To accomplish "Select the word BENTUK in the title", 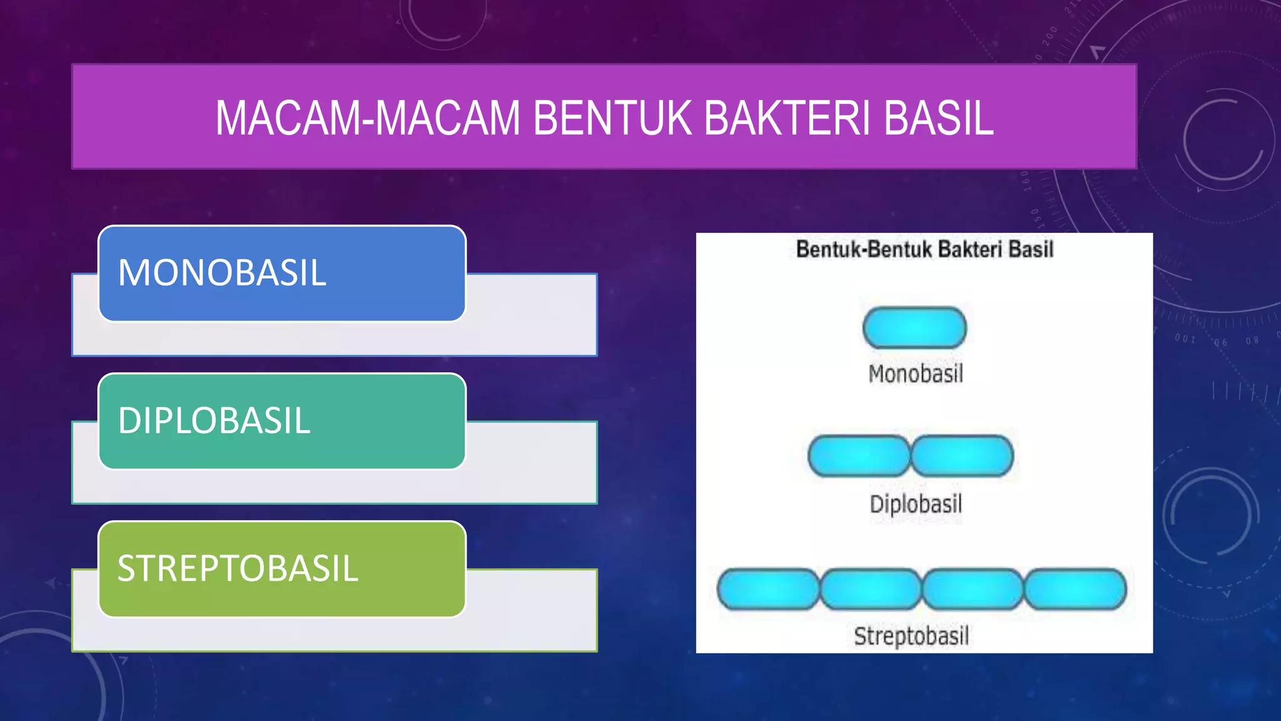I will [612, 118].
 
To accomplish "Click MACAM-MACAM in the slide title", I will [368, 118].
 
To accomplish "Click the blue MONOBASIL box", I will [281, 274].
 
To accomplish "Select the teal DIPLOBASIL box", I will [281, 421].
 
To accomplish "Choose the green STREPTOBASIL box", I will [281, 569].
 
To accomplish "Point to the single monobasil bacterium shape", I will [914, 328].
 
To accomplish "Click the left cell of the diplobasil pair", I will [859, 456].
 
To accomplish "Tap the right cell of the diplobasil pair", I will [962, 456].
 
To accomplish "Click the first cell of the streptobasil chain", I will [768, 589].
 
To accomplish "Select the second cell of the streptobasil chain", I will [871, 589].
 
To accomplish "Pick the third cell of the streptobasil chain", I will [973, 589].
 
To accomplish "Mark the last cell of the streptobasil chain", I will [1075, 589].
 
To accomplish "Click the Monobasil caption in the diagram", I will [916, 374].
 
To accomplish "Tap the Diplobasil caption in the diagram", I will [916, 504].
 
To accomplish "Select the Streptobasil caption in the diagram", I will [911, 636].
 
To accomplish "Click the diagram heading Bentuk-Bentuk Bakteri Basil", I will [924, 250].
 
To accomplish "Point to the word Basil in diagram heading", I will [1031, 250].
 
